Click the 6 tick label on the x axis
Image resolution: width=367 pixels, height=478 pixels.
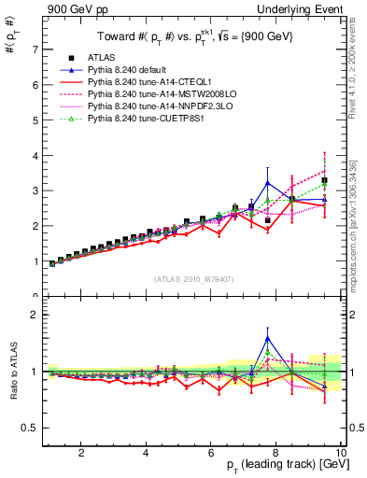[x=211, y=453]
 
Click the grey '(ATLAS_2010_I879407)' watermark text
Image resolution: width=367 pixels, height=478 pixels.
[x=193, y=279]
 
